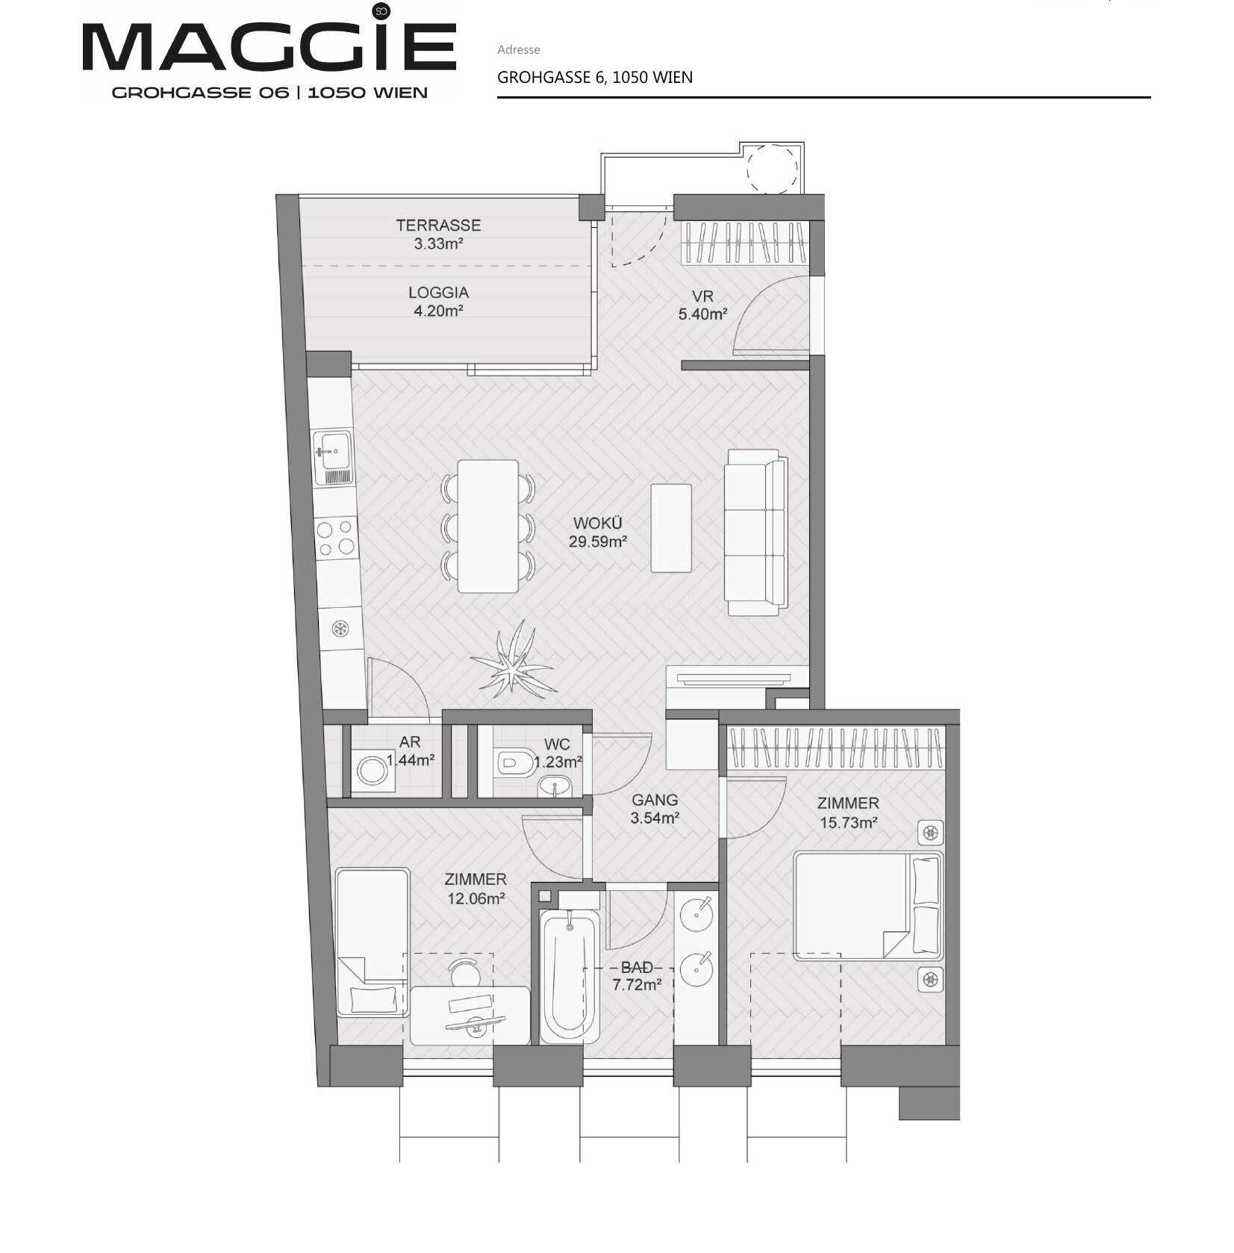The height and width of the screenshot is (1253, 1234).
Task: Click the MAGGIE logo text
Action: pyautogui.click(x=269, y=46)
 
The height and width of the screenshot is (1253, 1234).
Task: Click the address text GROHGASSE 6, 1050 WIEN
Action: pyautogui.click(x=595, y=77)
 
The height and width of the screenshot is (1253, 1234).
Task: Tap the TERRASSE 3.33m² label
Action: pyautogui.click(x=438, y=234)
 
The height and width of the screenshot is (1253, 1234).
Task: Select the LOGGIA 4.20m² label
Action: pyautogui.click(x=438, y=302)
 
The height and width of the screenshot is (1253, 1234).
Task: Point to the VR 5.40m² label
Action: pyautogui.click(x=702, y=305)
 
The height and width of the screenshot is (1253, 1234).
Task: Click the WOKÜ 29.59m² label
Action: pyautogui.click(x=597, y=532)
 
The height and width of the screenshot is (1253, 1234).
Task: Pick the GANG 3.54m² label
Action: pyautogui.click(x=655, y=809)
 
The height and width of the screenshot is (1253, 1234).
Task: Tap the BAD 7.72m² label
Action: pyautogui.click(x=637, y=976)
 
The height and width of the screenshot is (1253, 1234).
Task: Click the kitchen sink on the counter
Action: pyautogui.click(x=332, y=458)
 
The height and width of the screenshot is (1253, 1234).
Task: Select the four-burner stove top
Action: pyautogui.click(x=335, y=538)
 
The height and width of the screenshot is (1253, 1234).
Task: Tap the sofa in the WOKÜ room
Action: pyautogui.click(x=756, y=532)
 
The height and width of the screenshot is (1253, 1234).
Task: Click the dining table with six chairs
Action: pyautogui.click(x=488, y=526)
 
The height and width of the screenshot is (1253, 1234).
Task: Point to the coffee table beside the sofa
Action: pyautogui.click(x=670, y=527)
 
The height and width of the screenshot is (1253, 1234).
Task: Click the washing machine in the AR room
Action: pyautogui.click(x=370, y=770)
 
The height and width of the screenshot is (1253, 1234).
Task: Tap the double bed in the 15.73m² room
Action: pyautogui.click(x=868, y=905)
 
